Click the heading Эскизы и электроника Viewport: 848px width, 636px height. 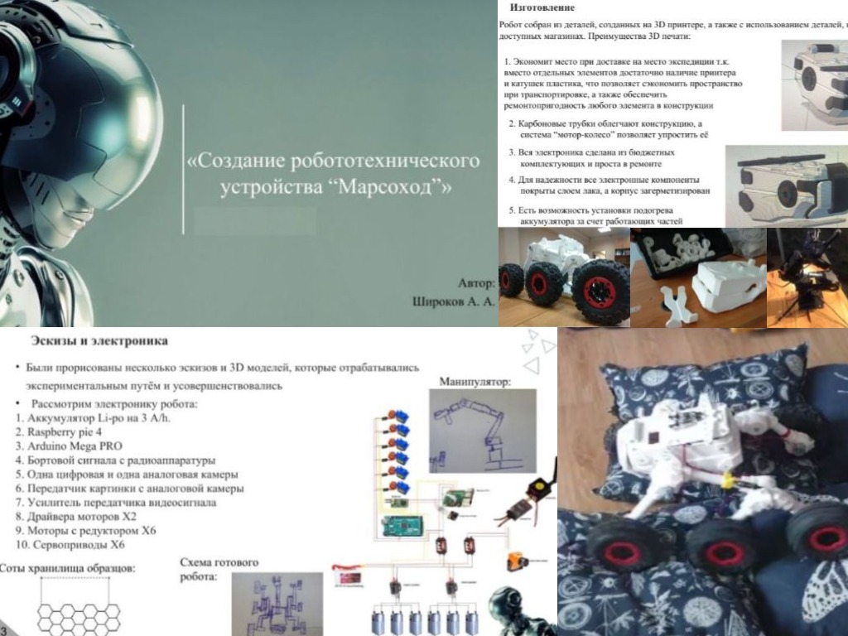point(99,340)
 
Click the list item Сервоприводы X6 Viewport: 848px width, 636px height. point(79,545)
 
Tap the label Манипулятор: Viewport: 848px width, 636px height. point(475,383)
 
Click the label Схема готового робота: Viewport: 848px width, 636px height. point(219,569)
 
